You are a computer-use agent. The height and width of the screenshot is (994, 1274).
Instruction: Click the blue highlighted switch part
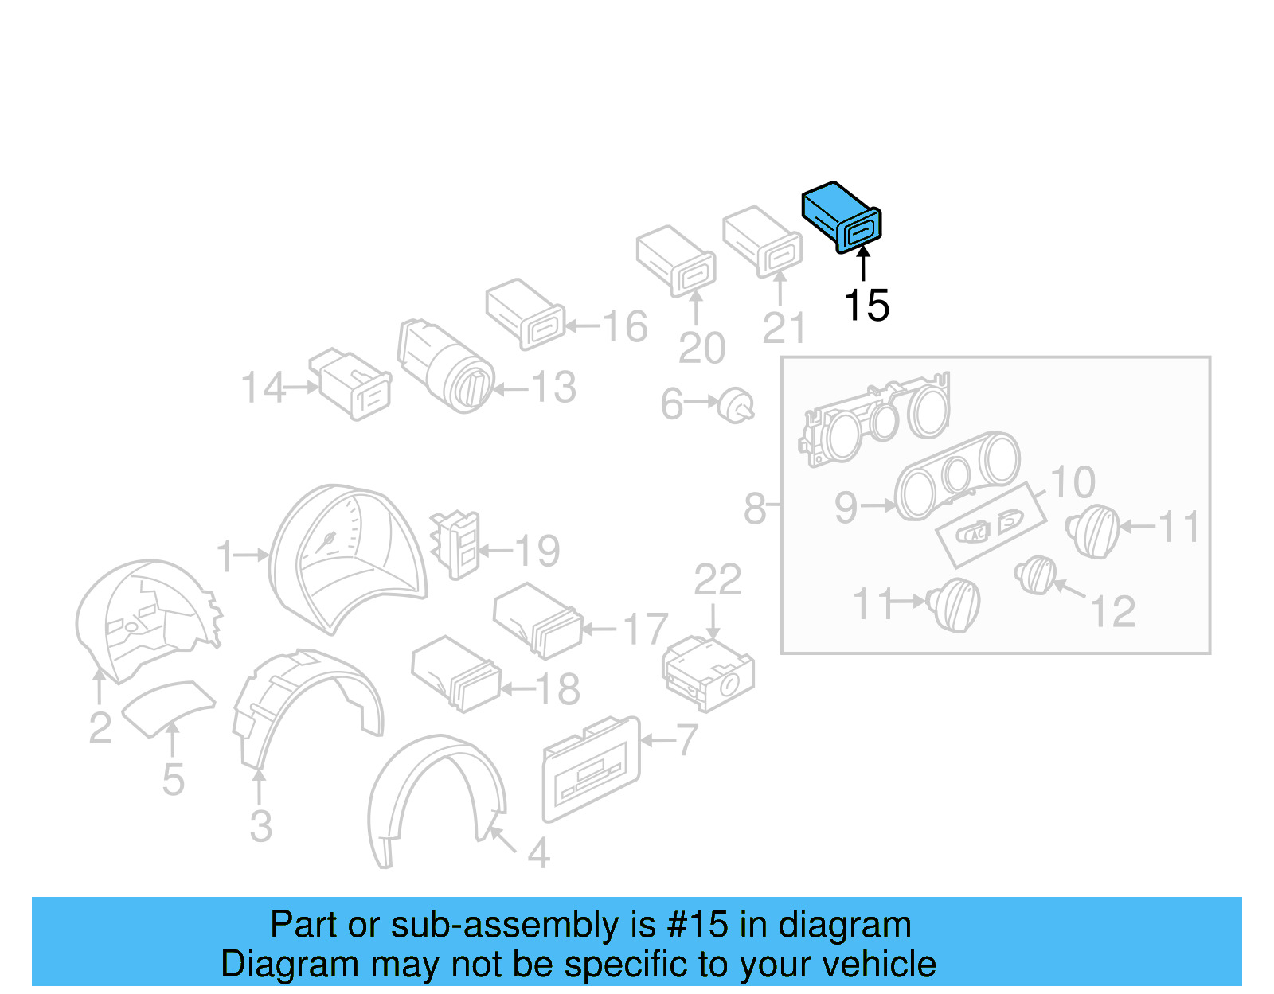click(841, 216)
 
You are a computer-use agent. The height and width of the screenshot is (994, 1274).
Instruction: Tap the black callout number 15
click(866, 306)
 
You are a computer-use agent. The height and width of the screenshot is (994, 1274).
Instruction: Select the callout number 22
click(717, 580)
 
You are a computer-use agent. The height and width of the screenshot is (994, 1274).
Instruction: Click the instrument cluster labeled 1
click(348, 557)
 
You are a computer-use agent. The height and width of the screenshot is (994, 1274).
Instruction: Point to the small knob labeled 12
click(1035, 575)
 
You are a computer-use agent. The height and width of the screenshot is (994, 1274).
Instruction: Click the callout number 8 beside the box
click(754, 509)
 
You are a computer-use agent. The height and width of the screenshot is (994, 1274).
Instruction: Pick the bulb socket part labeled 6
click(736, 406)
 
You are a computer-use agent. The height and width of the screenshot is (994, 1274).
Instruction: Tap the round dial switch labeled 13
click(446, 366)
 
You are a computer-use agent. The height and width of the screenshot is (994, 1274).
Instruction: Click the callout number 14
click(262, 388)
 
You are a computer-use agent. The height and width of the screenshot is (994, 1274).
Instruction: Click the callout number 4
click(539, 853)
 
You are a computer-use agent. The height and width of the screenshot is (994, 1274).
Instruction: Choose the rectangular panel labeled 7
click(591, 768)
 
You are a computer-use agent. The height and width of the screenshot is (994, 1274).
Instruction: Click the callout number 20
click(701, 348)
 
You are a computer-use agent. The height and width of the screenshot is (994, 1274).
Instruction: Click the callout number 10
click(1073, 482)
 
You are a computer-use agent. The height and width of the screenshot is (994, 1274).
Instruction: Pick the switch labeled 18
click(456, 673)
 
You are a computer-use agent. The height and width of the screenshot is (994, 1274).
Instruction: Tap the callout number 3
click(260, 827)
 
